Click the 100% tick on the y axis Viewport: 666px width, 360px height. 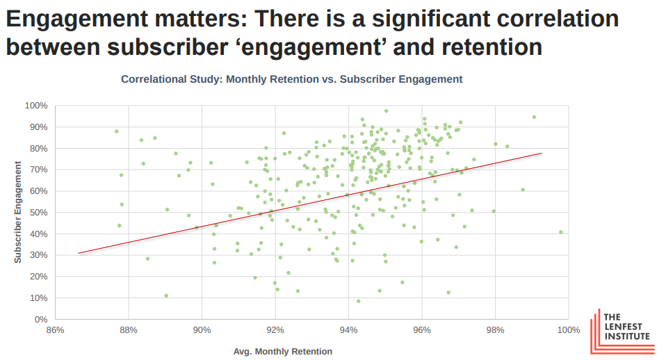point(35,106)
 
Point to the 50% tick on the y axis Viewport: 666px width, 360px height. point(38,213)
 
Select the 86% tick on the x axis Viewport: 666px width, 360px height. point(55,330)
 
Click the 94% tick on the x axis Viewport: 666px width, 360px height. point(349,330)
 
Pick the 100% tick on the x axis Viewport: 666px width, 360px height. point(568,330)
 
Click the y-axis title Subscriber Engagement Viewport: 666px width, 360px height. point(18,213)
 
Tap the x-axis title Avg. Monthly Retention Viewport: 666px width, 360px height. point(283,351)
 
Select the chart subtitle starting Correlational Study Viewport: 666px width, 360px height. point(291,79)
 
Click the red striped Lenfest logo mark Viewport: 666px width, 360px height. point(598,329)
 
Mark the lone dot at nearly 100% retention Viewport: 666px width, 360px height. point(560,232)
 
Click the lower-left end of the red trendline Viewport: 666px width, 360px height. point(79,253)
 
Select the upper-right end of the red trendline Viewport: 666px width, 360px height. point(541,153)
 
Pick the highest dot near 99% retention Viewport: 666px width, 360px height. point(534,117)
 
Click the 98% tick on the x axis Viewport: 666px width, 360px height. point(495,330)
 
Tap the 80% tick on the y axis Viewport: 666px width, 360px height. point(38,149)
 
